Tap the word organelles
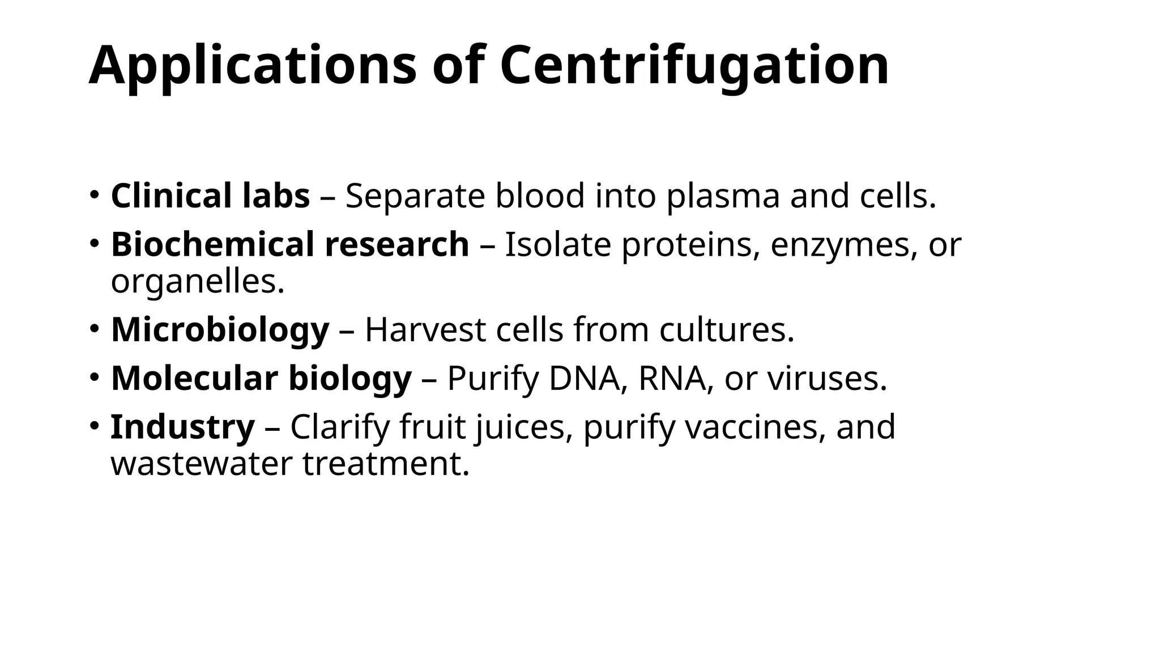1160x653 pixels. point(197,281)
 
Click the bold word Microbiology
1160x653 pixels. point(220,330)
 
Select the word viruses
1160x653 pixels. point(827,378)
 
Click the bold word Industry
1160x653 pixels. point(182,427)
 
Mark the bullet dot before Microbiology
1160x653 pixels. point(95,328)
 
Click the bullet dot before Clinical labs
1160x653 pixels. point(95,194)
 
